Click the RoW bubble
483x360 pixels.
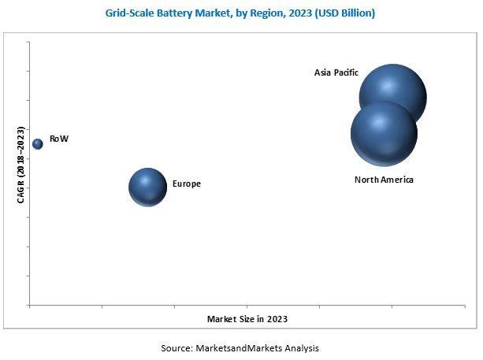click(x=38, y=143)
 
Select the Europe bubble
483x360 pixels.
click(x=147, y=187)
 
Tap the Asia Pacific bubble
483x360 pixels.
click(x=393, y=96)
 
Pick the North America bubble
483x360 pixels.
click(x=384, y=133)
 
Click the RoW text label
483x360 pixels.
click(x=59, y=139)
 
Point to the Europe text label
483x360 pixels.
click(x=186, y=184)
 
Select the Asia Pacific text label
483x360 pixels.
click(x=336, y=72)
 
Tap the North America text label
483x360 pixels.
click(x=384, y=180)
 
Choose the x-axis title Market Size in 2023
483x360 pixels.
click(x=247, y=319)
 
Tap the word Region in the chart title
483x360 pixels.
click(x=269, y=13)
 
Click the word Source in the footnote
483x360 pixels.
click(x=177, y=347)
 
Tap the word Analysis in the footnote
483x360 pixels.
click(x=303, y=347)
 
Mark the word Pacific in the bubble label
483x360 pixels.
click(x=347, y=72)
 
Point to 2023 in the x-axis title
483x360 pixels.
click(x=276, y=319)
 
